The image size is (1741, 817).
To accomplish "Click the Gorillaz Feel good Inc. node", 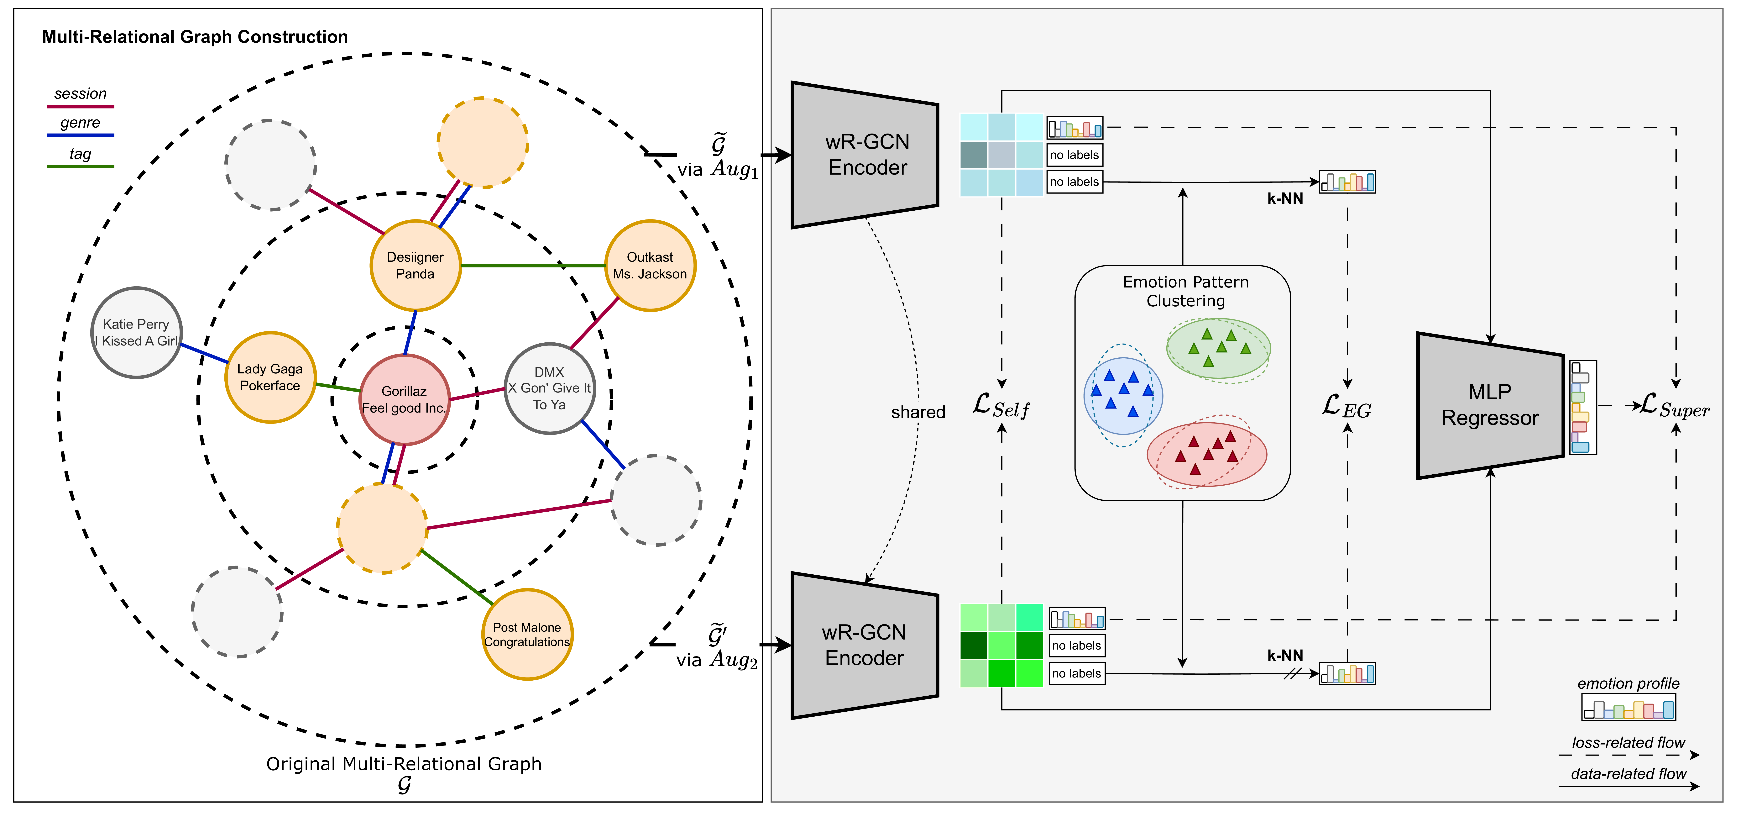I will (x=404, y=399).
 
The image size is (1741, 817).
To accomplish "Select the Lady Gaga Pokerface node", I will (x=270, y=377).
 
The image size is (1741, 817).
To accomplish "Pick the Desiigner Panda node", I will (x=415, y=265).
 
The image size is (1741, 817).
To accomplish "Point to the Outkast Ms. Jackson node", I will (x=650, y=265).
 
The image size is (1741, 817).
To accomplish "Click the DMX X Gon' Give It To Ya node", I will (x=549, y=388).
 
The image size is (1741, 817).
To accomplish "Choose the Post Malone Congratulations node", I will (x=527, y=634).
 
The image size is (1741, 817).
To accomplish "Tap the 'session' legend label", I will (x=81, y=93).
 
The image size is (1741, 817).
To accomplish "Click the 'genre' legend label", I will (x=81, y=122).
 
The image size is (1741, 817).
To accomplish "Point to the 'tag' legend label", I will (x=81, y=154).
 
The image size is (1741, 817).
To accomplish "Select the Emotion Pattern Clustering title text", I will (x=1185, y=291).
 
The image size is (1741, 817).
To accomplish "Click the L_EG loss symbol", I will (x=1346, y=406).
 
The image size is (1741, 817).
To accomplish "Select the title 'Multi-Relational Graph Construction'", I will (x=195, y=37).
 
